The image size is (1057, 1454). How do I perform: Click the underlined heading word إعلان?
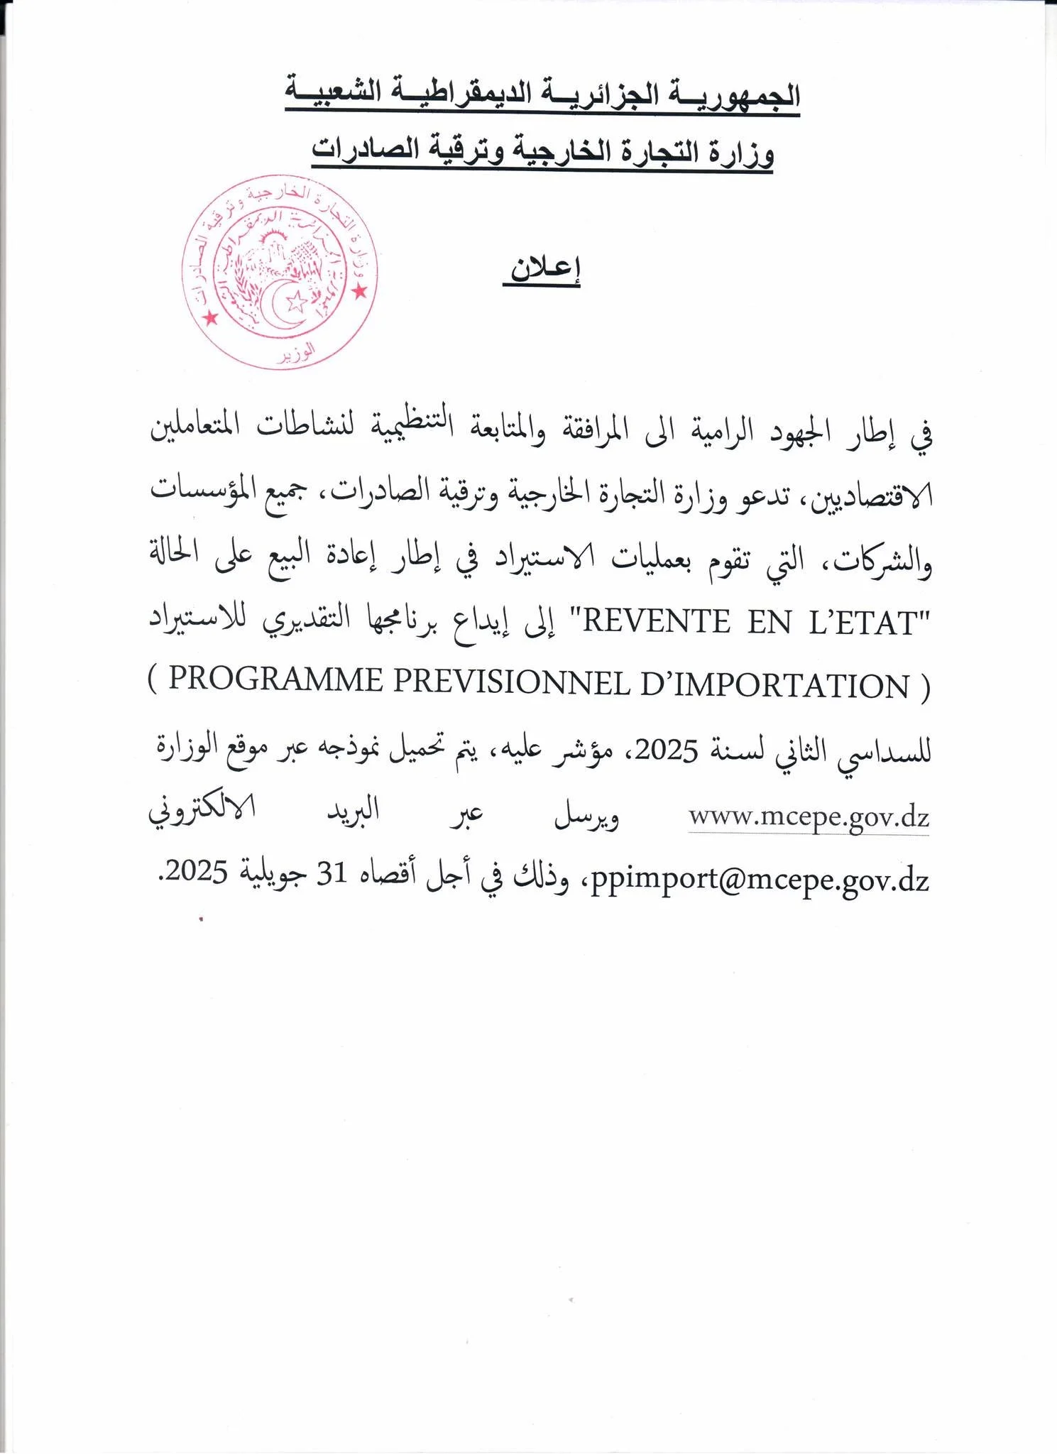[542, 270]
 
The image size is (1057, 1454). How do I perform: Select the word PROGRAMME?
[276, 683]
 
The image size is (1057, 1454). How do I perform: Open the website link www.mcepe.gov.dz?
[809, 817]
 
